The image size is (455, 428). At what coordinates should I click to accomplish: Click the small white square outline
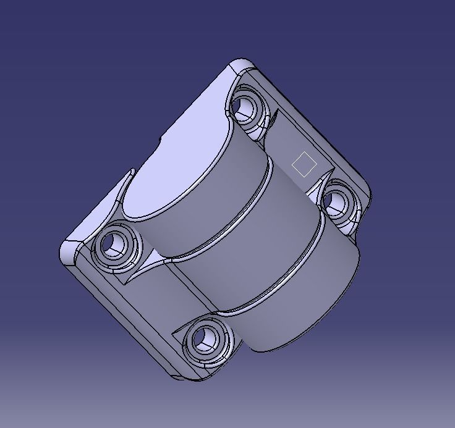coord(304,164)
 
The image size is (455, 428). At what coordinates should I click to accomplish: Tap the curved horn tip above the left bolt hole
coord(132,173)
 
